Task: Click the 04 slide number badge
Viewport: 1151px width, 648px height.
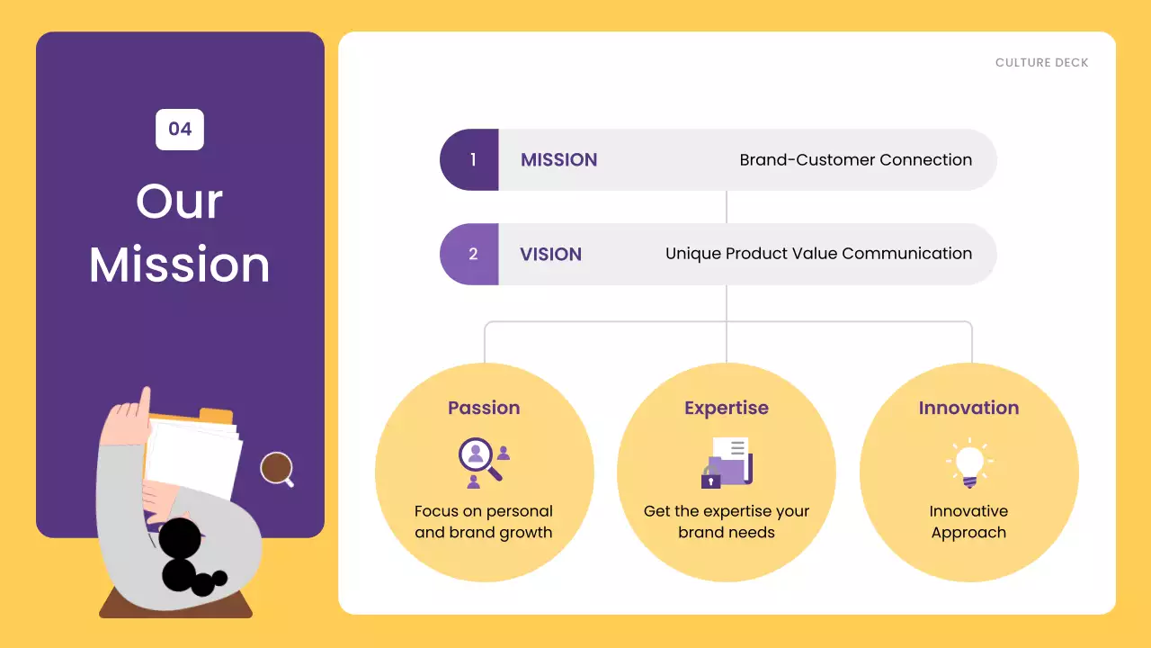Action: click(180, 129)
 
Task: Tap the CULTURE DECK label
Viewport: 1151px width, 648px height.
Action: click(1041, 63)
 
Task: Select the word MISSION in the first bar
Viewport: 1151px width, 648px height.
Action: click(558, 160)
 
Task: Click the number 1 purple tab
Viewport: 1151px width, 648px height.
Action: click(471, 160)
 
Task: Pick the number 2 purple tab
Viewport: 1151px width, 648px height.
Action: click(471, 255)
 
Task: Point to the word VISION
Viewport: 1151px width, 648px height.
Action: click(550, 255)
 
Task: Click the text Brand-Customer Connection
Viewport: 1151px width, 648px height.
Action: click(855, 160)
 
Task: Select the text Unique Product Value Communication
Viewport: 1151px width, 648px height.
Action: click(818, 254)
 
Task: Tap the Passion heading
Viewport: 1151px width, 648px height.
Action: click(484, 408)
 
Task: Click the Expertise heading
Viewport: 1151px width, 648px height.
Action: click(727, 408)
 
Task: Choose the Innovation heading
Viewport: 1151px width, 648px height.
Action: click(968, 408)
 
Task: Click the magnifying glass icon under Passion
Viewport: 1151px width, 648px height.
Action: click(479, 459)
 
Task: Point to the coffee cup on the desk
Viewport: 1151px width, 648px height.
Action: click(277, 469)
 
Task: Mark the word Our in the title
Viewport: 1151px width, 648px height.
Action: click(180, 201)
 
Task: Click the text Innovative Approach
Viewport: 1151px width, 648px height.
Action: click(968, 522)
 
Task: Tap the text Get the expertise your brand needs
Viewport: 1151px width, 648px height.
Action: click(727, 522)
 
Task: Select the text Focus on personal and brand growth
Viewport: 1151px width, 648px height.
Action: click(484, 522)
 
